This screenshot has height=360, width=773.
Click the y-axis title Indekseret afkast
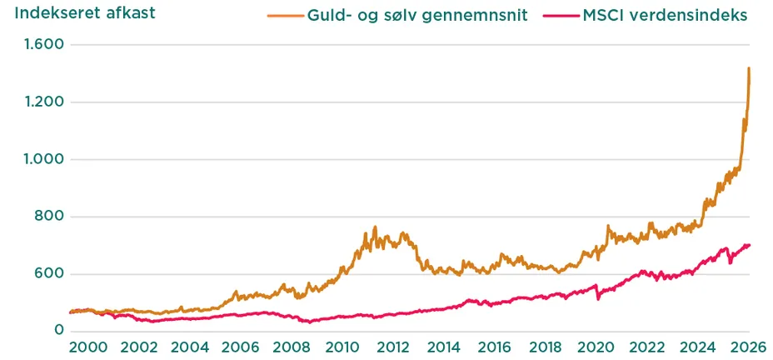click(84, 14)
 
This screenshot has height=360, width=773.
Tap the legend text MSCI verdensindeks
click(652, 16)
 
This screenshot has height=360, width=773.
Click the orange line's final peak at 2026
click(749, 68)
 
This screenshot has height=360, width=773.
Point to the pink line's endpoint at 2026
click(749, 245)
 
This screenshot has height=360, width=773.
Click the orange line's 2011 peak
click(375, 227)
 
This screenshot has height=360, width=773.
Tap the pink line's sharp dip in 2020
click(598, 299)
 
